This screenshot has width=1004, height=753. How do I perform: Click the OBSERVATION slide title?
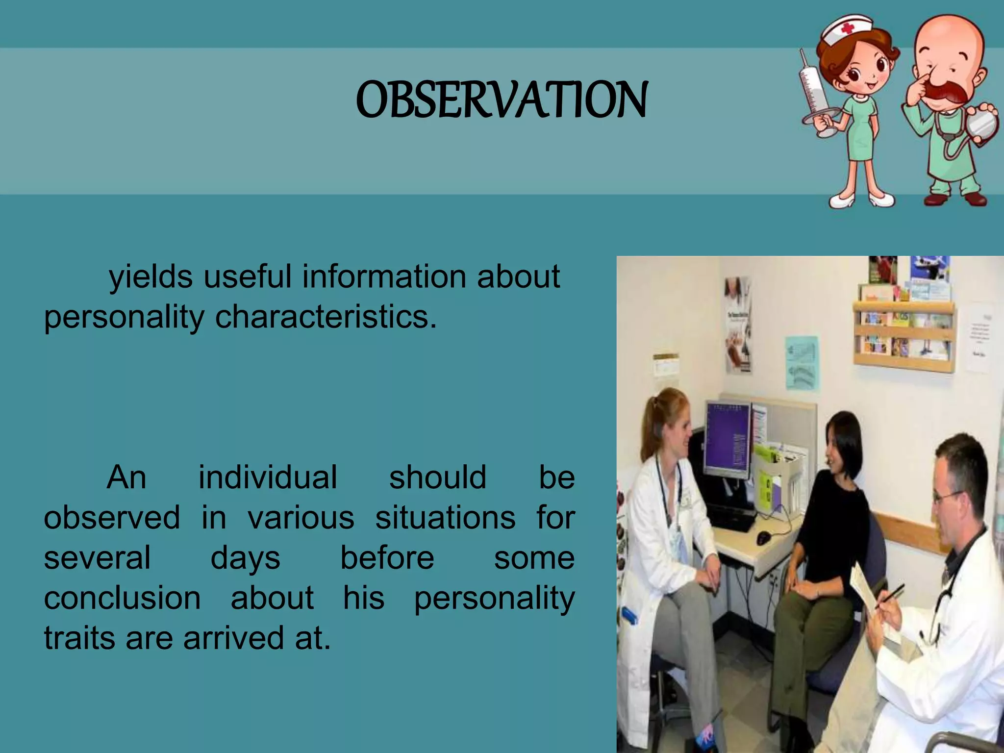click(502, 100)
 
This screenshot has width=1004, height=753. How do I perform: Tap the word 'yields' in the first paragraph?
click(151, 277)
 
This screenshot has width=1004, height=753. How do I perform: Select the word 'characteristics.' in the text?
click(326, 317)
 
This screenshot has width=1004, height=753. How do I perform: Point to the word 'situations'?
click(445, 518)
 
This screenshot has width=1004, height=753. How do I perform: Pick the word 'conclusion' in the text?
click(122, 598)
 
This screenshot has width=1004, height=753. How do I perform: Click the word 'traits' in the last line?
click(79, 638)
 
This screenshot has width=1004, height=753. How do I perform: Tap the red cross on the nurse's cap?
click(848, 29)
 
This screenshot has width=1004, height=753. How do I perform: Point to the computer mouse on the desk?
click(763, 538)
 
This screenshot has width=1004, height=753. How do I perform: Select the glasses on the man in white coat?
click(946, 496)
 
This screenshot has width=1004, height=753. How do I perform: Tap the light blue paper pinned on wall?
click(802, 363)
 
